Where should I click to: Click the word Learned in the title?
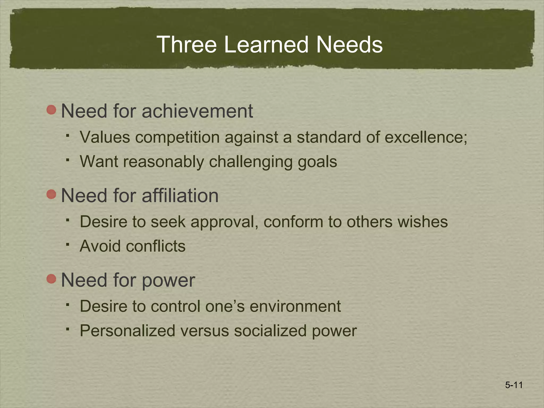pyautogui.click(x=266, y=44)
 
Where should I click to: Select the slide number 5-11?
pyautogui.click(x=514, y=385)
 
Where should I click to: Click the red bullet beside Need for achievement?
pyautogui.click(x=51, y=110)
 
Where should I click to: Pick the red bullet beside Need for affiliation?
pyautogui.click(x=51, y=194)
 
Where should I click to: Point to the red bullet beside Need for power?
pyautogui.click(x=51, y=279)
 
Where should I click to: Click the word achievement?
pyautogui.click(x=197, y=111)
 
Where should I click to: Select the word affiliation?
pyautogui.click(x=180, y=195)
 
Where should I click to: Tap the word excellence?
pyautogui.click(x=426, y=137)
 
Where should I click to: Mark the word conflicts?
pyautogui.click(x=156, y=246)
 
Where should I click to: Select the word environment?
pyautogui.click(x=295, y=306)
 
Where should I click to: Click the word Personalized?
pyautogui.click(x=127, y=331)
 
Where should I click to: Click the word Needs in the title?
pyautogui.click(x=349, y=44)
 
